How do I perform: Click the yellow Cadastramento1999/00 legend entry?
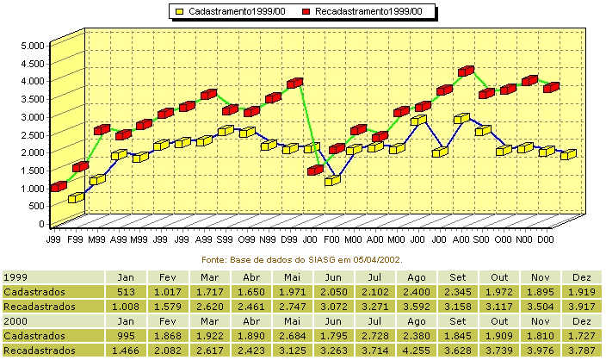[231, 11]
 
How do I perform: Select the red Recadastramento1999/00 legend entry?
[362, 11]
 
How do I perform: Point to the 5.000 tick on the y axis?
[33, 46]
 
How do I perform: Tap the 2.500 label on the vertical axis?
[33, 135]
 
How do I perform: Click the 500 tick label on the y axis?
[37, 206]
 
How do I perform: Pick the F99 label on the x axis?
[75, 239]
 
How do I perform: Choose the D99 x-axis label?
[288, 239]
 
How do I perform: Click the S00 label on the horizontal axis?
[481, 239]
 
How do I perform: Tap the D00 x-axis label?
[546, 239]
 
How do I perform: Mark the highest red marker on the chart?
[466, 71]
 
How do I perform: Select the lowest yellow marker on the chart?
[76, 197]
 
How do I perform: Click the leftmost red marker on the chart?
[59, 187]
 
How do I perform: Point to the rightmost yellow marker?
[568, 154]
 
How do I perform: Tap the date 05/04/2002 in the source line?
[377, 260]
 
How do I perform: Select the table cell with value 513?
[126, 292]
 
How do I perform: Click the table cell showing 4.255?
[417, 351]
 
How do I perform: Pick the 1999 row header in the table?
[15, 277]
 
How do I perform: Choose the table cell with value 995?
[126, 336]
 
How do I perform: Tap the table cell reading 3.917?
[582, 307]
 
